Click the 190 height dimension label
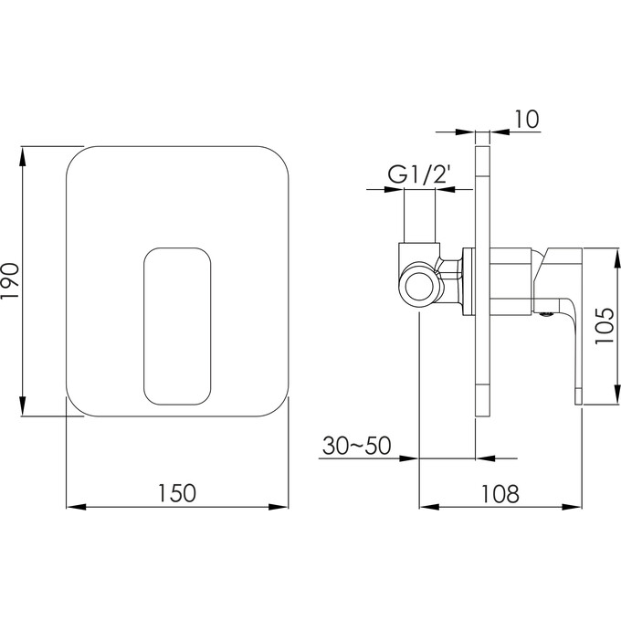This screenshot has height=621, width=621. tap(10, 281)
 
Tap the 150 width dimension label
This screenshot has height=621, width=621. tap(177, 493)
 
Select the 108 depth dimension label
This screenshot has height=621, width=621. tap(500, 493)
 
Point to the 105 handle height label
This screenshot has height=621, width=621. tap(605, 325)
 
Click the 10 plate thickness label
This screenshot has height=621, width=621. tap(527, 119)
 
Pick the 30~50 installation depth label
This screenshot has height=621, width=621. tap(357, 445)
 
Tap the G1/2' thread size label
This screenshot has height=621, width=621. tap(419, 174)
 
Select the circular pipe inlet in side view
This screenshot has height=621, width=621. tap(419, 287)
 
